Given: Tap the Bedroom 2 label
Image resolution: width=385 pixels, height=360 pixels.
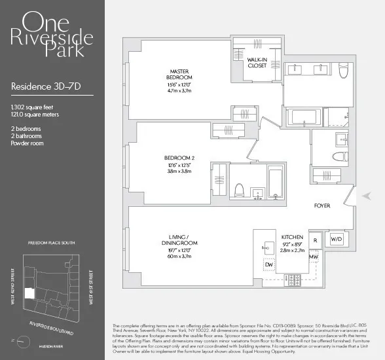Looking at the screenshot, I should click(177, 158).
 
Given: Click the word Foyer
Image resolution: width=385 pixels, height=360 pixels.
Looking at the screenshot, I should click(322, 206).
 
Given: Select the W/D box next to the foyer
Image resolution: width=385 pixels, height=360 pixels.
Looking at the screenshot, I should click(335, 240).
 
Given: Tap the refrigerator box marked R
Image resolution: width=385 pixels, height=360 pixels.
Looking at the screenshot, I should click(315, 240).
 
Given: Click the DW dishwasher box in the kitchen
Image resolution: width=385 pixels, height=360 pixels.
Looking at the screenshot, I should click(269, 265).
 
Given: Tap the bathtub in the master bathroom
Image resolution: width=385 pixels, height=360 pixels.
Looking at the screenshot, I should click(304, 118).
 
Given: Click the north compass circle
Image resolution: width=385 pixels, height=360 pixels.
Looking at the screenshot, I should click(24, 340).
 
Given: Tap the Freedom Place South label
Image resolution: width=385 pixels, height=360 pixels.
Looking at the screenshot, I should click(52, 242).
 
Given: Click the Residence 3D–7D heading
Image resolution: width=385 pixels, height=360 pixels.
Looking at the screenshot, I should click(41, 86).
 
